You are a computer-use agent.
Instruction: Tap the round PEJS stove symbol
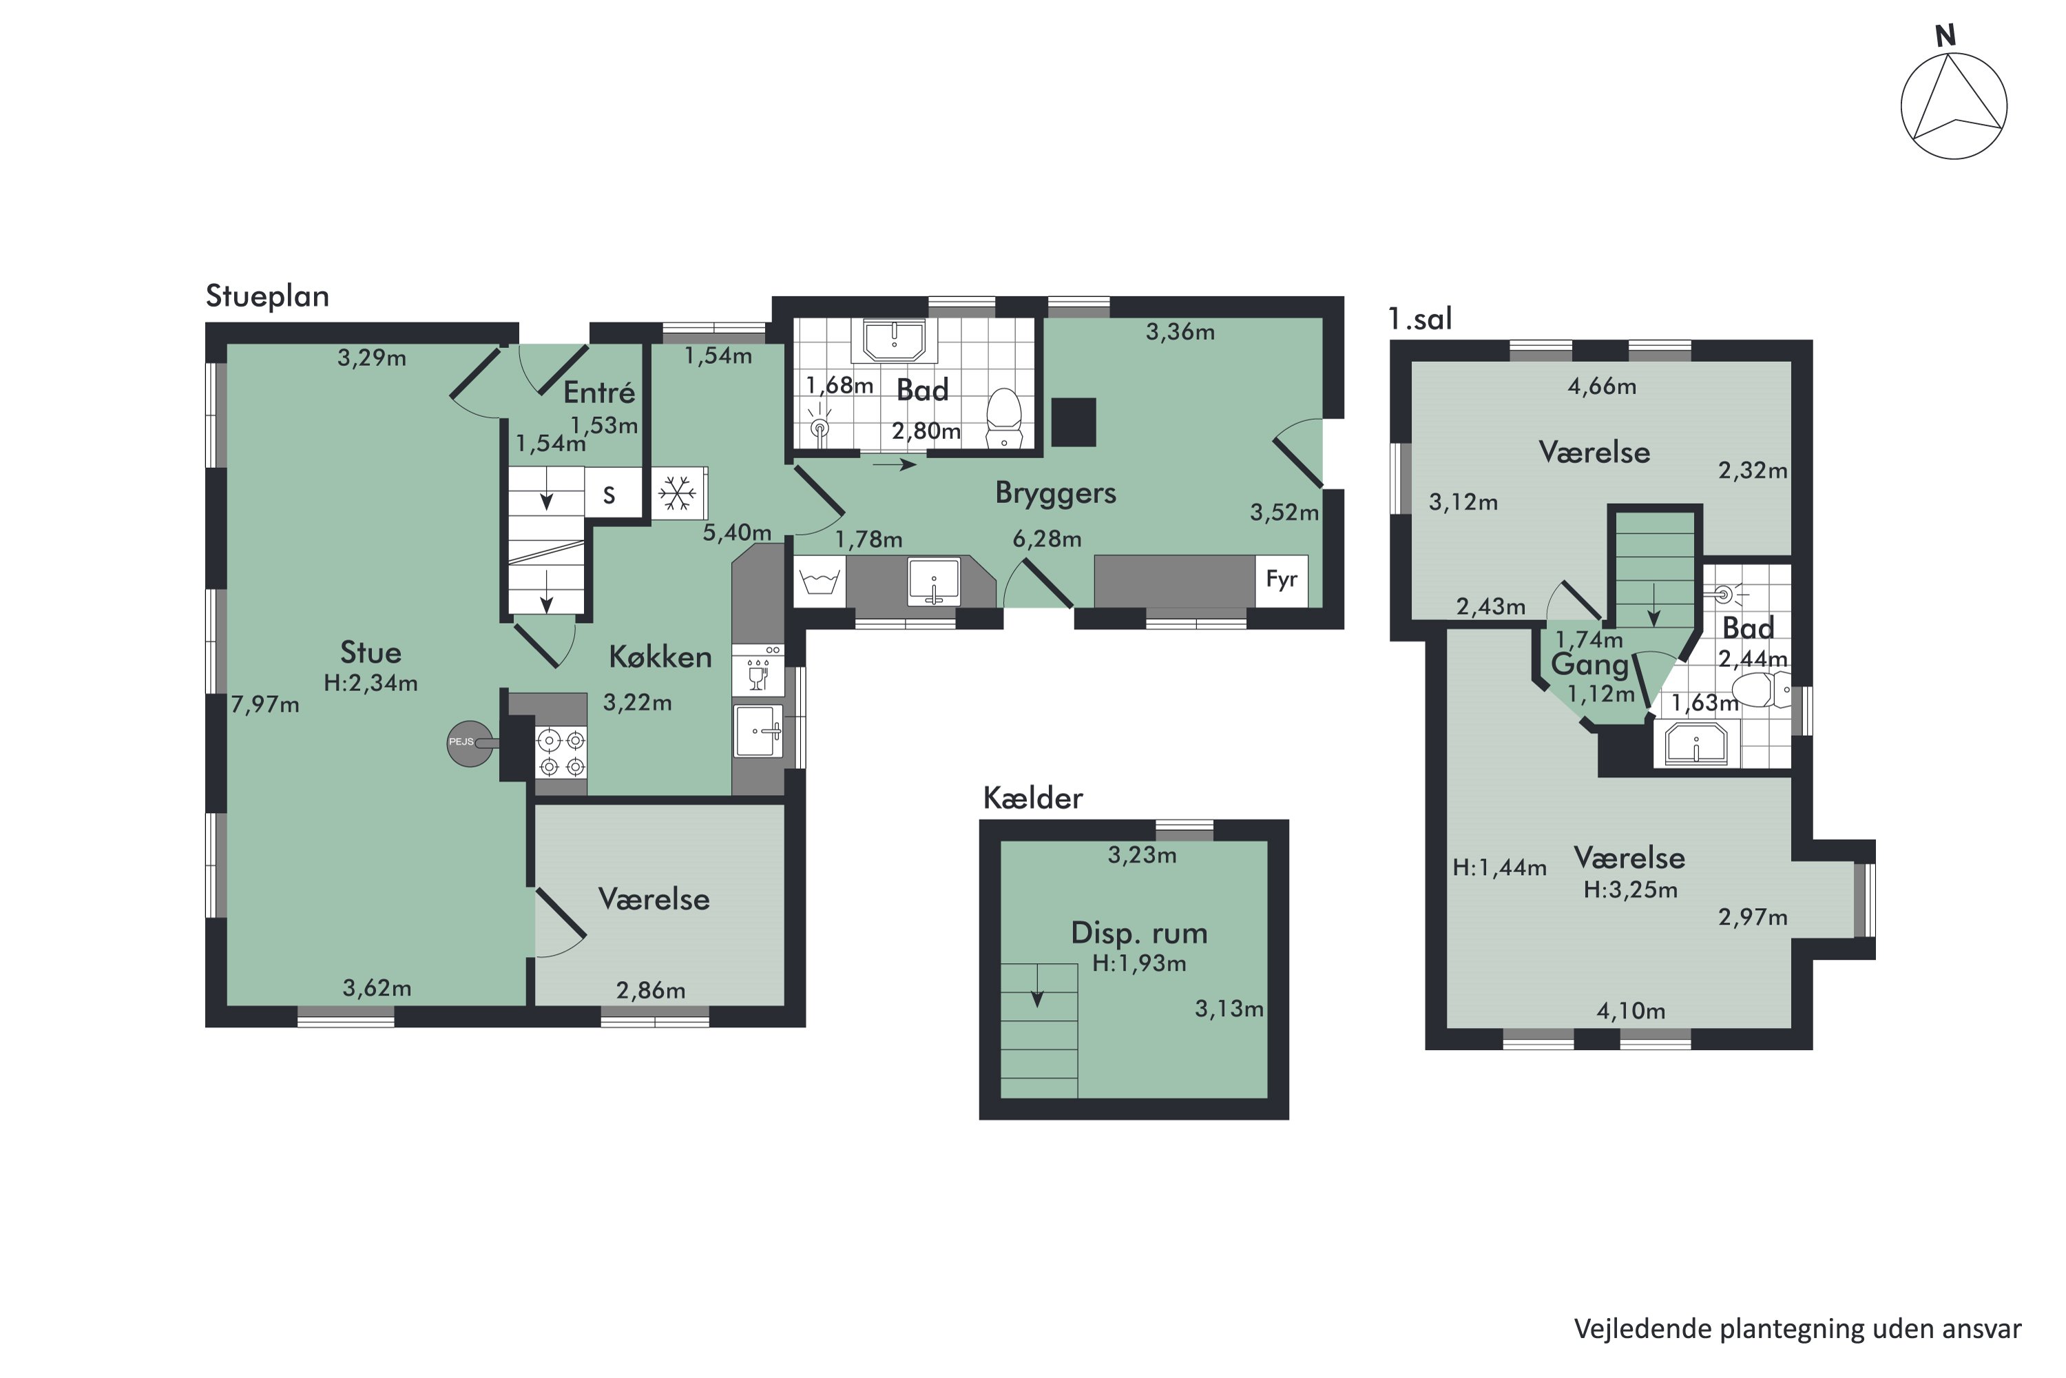click(x=469, y=743)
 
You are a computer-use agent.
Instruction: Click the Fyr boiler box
click(x=1282, y=580)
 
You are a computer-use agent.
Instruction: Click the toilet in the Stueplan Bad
click(x=1004, y=419)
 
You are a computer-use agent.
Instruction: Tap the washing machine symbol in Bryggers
click(x=820, y=581)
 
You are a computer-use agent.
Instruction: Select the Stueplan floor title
click(x=267, y=296)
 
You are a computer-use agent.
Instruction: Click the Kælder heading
click(x=1032, y=798)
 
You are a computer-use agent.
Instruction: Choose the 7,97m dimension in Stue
click(x=264, y=704)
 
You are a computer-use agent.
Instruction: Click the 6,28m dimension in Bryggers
click(x=1046, y=539)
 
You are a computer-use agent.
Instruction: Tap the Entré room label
click(x=599, y=392)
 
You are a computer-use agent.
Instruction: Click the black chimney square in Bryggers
click(x=1074, y=422)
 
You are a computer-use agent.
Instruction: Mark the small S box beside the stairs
click(x=609, y=495)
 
